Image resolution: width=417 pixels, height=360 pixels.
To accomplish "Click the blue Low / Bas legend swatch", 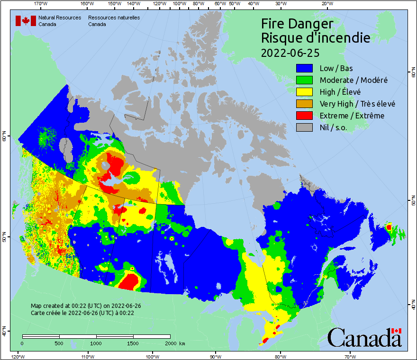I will coord(304,69).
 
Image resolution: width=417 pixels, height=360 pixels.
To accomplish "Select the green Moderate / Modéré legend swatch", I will coord(304,81).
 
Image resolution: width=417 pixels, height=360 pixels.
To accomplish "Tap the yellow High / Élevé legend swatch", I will coord(304,92).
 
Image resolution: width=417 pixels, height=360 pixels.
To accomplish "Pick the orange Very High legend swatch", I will coord(304,104).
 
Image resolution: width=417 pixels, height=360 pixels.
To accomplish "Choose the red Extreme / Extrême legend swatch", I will coord(304,116).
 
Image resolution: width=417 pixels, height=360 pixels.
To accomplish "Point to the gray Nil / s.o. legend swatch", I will coord(304,127).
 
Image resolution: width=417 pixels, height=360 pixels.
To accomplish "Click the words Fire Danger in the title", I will coord(297,24).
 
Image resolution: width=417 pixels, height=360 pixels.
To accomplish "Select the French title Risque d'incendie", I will coord(316,38).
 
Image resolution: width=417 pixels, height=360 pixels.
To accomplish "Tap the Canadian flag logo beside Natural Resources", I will coord(26,21).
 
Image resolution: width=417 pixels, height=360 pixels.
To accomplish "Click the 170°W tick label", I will coord(41,4).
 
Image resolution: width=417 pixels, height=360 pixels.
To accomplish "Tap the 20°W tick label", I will coord(326,4).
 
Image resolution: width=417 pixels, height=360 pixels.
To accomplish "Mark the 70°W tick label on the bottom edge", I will coord(350,356).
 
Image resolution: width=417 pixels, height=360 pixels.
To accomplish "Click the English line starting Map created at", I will coord(86,306).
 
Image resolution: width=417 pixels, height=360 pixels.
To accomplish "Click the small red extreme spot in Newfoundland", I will coord(389,227).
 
